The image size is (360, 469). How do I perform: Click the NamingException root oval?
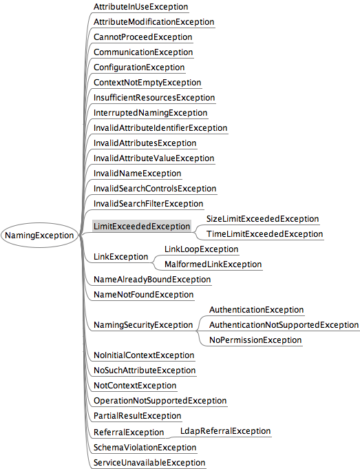39,235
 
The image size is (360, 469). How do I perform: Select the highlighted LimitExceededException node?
142,226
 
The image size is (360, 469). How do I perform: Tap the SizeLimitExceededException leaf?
262,218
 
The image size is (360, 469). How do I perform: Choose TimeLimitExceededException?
264,234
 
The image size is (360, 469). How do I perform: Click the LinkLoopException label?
201,249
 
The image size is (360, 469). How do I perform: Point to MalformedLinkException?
213,264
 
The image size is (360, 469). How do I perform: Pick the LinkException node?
120,257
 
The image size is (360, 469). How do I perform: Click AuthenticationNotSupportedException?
284,325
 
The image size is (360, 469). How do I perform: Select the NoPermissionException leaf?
255,340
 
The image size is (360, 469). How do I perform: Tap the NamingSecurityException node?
143,325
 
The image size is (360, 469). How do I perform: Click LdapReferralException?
226,431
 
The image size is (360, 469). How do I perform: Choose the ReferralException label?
129,432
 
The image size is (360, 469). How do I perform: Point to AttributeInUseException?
141,7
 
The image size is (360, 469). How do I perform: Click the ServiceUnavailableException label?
149,462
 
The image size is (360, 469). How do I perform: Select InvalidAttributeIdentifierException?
160,128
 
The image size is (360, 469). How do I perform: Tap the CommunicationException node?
143,52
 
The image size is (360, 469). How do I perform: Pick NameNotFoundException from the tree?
144,295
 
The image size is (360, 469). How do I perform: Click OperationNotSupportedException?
160,401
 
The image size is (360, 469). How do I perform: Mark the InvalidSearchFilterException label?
148,204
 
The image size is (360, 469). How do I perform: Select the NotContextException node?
135,386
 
